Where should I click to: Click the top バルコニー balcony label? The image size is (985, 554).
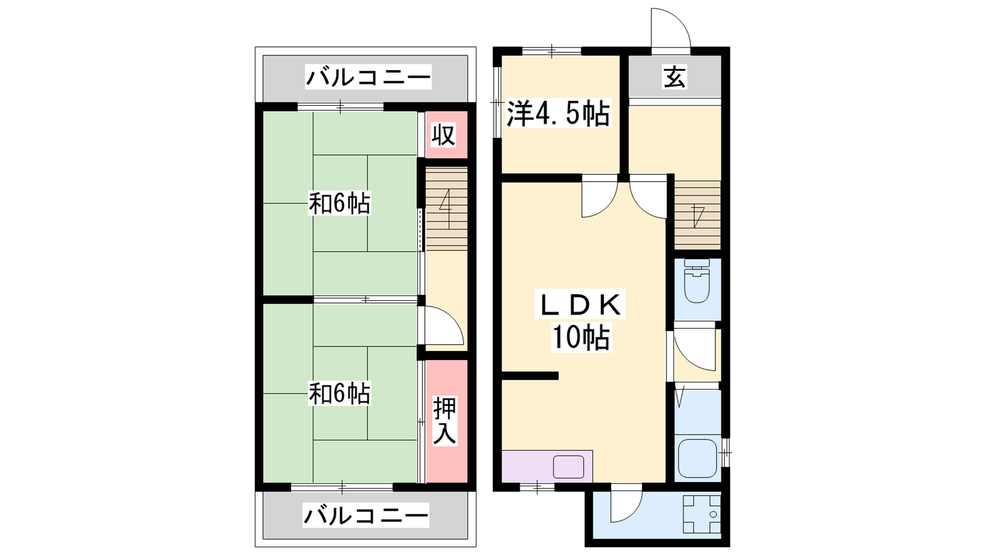(x=368, y=78)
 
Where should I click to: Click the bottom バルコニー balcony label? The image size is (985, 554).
(x=366, y=515)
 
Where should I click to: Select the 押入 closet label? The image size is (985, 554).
(x=444, y=421)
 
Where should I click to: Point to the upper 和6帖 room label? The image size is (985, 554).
(x=339, y=203)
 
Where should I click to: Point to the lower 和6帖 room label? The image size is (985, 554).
(x=339, y=393)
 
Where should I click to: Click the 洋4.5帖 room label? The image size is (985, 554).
(x=558, y=113)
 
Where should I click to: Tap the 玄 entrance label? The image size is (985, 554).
(x=675, y=78)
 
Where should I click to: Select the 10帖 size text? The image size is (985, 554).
(x=581, y=338)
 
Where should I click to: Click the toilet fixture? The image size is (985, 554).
(x=697, y=281)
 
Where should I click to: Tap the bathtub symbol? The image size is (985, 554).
(x=698, y=459)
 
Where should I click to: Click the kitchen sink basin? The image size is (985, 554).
(x=568, y=467)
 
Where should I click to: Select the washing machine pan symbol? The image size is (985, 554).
(x=702, y=514)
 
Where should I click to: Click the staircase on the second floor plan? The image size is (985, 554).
(x=446, y=209)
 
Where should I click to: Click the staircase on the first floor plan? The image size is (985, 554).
(x=698, y=215)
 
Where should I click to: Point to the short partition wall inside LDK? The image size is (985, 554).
(x=530, y=375)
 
